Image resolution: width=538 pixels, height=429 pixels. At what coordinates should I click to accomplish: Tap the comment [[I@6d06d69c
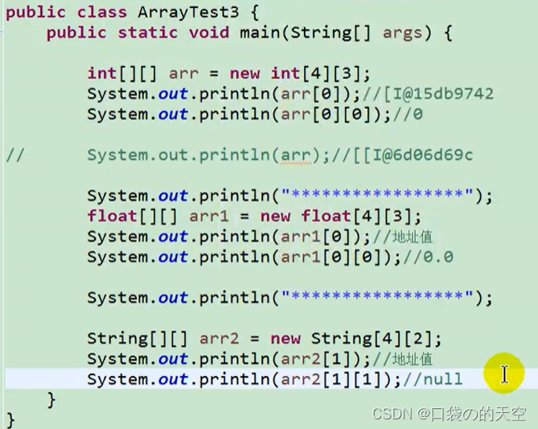pos(411,155)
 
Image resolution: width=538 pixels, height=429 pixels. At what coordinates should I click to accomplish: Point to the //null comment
pos(433,379)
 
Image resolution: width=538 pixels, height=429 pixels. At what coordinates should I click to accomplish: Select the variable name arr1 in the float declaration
pos(209,217)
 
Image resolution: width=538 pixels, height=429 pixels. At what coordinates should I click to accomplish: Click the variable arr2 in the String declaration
pos(210,339)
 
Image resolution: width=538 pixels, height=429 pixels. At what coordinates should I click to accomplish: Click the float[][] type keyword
pos(133,217)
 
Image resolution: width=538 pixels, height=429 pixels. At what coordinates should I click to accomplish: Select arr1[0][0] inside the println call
pos(330,258)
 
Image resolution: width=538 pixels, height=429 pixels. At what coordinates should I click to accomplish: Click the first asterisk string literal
pos(376,196)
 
